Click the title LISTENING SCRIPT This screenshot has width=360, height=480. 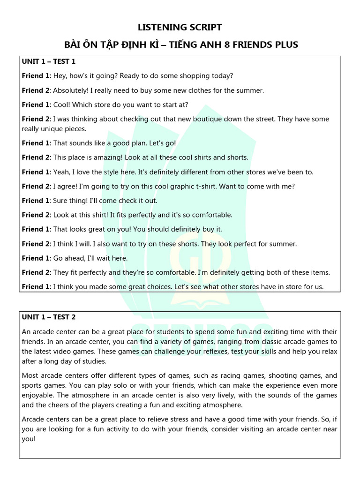pyautogui.click(x=180, y=27)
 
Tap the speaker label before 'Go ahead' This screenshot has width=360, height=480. pyautogui.click(x=36, y=258)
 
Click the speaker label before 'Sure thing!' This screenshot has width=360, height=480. pyautogui.click(x=36, y=201)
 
